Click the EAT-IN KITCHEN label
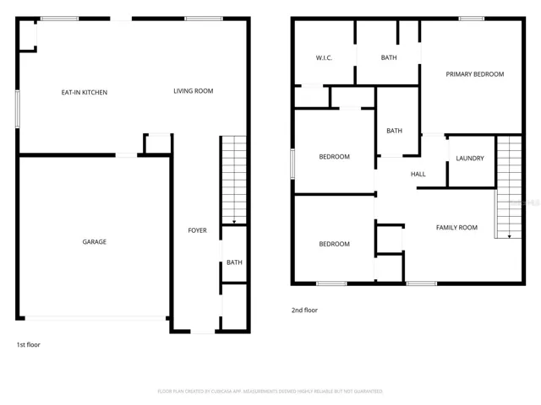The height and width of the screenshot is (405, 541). pos(84,92)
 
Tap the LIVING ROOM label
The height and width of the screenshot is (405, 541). pos(193,91)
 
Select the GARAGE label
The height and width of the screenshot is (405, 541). pos(94,242)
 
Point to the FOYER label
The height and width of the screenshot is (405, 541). pos(197,230)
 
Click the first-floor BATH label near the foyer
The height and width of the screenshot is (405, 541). pos(234,262)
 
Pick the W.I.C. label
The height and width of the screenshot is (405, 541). pos(325,58)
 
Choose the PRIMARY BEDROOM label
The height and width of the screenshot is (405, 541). pos(474,74)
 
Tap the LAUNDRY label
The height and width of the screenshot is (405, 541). pos(470,159)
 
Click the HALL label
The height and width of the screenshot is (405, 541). pos(418,175)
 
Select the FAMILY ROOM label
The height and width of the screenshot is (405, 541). pos(456,228)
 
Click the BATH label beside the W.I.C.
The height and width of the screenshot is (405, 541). pos(389,58)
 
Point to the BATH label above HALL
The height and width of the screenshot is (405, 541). pos(394,131)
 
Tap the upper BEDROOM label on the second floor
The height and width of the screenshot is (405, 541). pos(334,157)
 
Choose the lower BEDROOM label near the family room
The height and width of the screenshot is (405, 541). pos(334,245)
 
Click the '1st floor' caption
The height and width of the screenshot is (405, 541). pos(28,344)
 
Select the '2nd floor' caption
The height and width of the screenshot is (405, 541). pos(304,310)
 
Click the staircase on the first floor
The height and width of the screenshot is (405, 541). pos(233,180)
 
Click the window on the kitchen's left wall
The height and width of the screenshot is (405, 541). pos(17,109)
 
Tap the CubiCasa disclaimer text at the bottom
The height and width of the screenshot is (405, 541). pos(270,391)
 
